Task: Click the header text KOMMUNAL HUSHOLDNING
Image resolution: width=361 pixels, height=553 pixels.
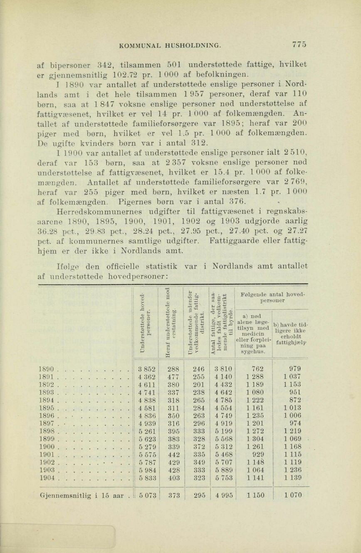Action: pos(168,45)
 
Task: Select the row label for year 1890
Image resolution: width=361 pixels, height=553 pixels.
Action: pos(46,368)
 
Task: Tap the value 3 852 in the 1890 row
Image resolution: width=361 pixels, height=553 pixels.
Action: pos(147,368)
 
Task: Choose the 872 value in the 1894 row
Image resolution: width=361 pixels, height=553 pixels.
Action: pos(295,400)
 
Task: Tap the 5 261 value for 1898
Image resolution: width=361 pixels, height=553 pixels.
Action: pos(147,431)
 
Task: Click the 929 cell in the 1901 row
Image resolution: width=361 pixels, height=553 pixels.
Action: pos(257,455)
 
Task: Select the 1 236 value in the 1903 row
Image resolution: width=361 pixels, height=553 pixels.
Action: pos(293,470)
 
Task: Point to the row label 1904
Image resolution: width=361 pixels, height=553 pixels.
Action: pos(46,478)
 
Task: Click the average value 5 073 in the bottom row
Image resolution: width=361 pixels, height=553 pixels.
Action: pos(147,495)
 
